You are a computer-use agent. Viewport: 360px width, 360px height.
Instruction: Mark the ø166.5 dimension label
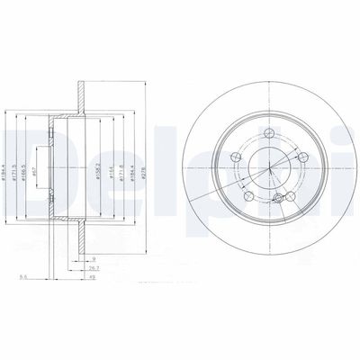click(x=40, y=159)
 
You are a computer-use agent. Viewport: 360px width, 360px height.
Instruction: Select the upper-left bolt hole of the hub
click(x=238, y=158)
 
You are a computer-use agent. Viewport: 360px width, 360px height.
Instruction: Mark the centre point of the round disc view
click(x=273, y=164)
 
